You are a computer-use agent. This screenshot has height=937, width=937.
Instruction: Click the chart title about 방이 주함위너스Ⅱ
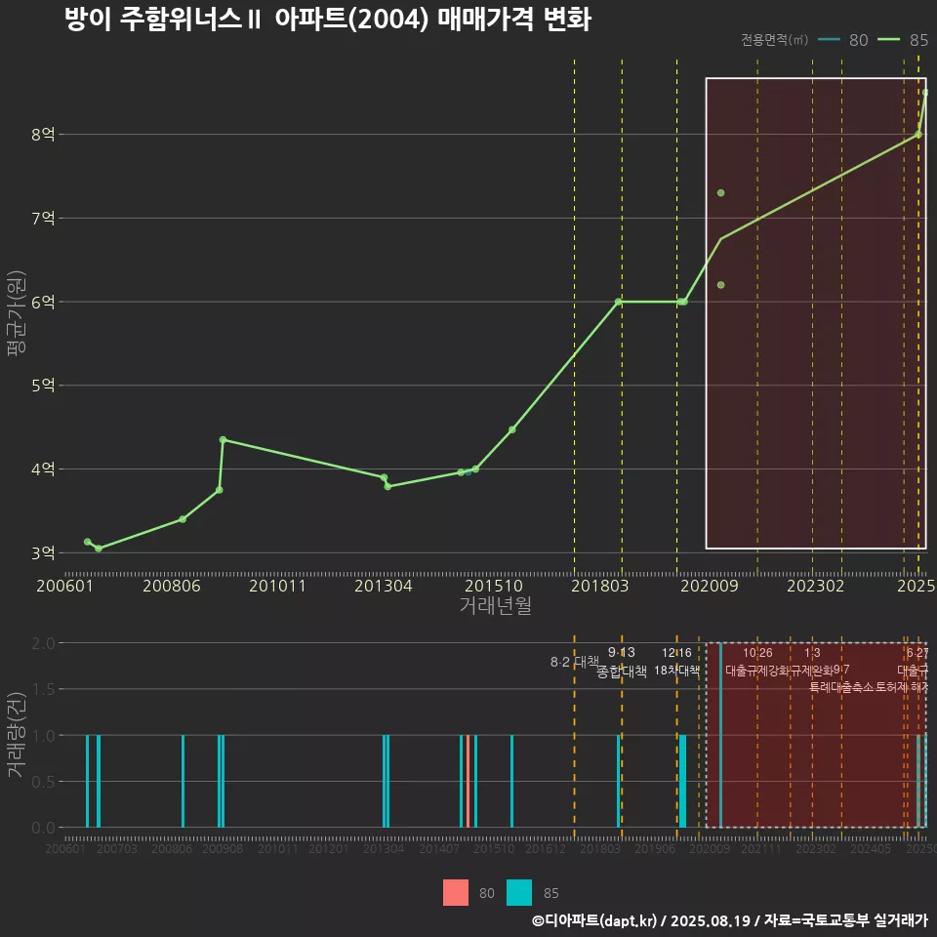[327, 20]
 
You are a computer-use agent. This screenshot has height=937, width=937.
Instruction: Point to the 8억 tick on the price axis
[44, 135]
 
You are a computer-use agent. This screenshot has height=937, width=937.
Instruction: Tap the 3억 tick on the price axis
[44, 552]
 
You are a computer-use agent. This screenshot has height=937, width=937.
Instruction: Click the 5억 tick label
[44, 386]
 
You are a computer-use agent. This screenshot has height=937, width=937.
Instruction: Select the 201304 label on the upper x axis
[383, 586]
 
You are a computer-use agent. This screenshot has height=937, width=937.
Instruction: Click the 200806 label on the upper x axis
[172, 586]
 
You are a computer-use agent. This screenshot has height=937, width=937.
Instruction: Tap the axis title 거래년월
[495, 606]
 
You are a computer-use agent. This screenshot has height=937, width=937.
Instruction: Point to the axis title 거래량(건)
[16, 735]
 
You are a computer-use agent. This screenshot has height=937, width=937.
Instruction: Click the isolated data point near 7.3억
[720, 193]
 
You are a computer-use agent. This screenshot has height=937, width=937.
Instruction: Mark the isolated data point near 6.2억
[720, 285]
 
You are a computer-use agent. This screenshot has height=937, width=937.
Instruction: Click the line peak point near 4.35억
[223, 440]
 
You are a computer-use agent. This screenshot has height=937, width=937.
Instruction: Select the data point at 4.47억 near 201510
[511, 429]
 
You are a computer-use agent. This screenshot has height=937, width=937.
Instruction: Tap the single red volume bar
[468, 781]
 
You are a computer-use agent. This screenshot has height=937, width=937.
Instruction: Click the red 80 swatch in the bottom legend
[456, 893]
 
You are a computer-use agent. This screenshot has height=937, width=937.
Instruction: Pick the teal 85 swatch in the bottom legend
[519, 893]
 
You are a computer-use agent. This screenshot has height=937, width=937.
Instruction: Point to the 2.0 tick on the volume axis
[43, 643]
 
